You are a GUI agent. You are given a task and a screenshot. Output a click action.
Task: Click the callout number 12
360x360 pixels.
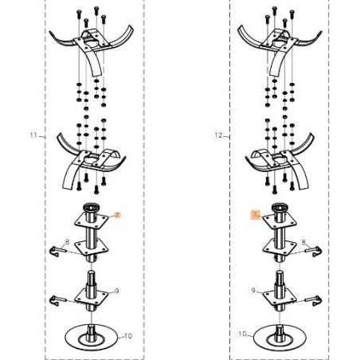coord(218,136)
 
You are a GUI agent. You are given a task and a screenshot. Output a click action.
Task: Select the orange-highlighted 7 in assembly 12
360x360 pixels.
coord(254,214)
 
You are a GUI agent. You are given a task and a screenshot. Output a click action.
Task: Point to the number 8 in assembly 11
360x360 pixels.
coord(68,241)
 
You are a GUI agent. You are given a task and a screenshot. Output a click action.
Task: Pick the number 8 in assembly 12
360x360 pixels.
coord(303,241)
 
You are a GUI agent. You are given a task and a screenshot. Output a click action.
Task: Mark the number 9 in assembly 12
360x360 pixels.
coord(253,292)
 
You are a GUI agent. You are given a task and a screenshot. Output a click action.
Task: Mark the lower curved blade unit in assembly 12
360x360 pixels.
coord(276,162)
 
